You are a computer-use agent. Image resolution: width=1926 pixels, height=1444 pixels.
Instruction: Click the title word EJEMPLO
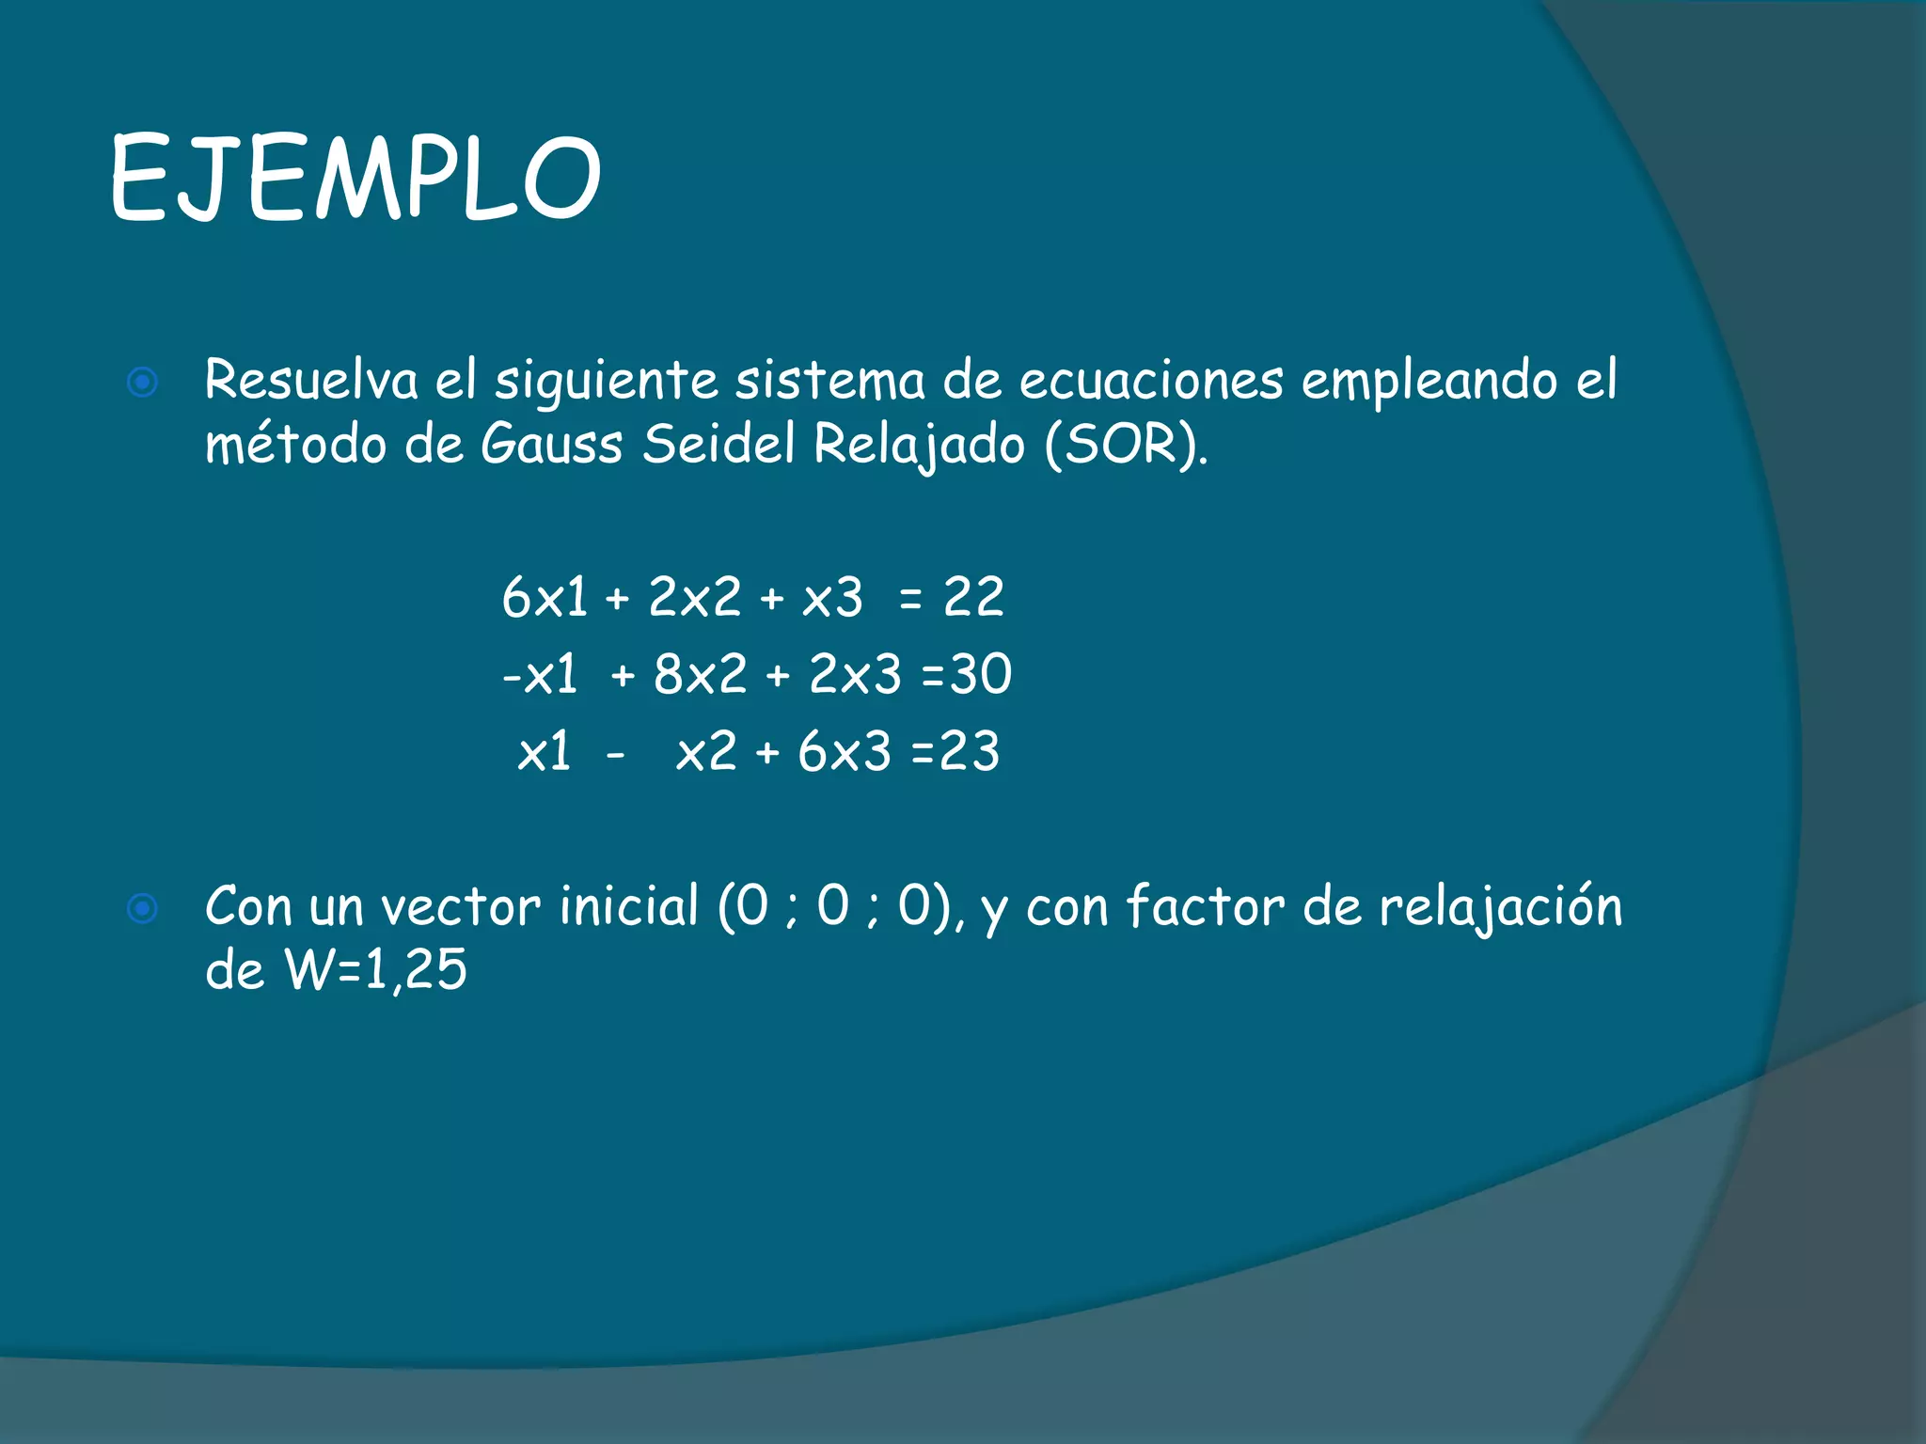(x=355, y=178)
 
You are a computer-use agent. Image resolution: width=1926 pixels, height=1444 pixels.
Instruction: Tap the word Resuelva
(x=311, y=381)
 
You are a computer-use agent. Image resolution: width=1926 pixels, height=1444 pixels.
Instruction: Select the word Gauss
(x=551, y=444)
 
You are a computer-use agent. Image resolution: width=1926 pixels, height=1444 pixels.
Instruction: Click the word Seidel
(x=718, y=444)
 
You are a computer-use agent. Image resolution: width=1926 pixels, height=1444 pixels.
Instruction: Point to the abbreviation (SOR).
(x=1125, y=445)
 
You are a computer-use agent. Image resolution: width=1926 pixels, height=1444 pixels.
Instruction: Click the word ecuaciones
(x=1151, y=381)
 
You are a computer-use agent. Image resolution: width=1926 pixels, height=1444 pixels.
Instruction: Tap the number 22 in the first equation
(x=973, y=597)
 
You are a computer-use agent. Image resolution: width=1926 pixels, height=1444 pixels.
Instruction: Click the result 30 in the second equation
(x=980, y=674)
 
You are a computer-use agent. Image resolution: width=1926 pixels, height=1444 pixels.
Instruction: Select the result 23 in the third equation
(x=969, y=751)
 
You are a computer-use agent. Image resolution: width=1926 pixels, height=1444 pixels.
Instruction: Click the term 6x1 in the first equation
(x=545, y=597)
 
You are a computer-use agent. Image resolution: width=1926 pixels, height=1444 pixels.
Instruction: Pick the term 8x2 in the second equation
(x=700, y=674)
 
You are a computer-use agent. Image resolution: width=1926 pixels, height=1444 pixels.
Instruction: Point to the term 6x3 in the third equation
(x=844, y=751)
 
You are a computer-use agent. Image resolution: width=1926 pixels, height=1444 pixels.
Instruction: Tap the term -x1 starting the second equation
(x=540, y=674)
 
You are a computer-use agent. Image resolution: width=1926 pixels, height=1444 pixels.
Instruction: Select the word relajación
(x=1501, y=908)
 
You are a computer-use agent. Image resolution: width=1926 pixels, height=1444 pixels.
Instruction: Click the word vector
(x=461, y=906)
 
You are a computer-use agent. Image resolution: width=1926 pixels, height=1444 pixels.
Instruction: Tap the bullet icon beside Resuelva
(x=143, y=383)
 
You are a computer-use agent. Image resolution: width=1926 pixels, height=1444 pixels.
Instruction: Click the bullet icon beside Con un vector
(x=143, y=908)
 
